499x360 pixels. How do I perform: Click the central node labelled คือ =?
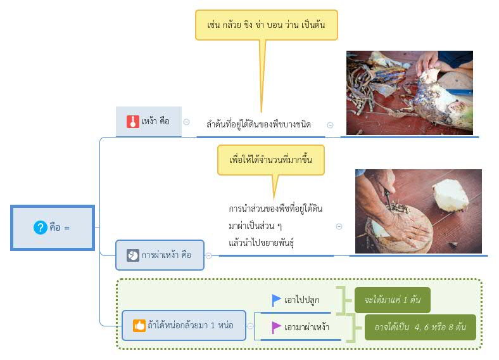coord(53,228)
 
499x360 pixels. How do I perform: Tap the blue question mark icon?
coord(40,228)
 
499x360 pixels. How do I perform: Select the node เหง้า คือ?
coord(149,121)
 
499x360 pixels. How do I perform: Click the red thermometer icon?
coord(132,121)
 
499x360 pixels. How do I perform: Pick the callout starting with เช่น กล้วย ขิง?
coord(266,25)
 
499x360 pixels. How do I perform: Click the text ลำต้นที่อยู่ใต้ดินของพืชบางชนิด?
coord(258,124)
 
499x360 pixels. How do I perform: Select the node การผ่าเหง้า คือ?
coord(160,255)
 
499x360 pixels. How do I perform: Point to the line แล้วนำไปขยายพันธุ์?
coord(263,242)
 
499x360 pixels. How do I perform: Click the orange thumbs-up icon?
coord(139,325)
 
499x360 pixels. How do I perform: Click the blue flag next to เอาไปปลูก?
coord(277,300)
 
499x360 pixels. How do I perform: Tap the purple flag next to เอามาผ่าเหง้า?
coord(277,327)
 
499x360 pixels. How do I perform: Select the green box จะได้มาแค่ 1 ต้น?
coord(392,300)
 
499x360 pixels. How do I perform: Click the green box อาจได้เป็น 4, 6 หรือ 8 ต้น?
coord(420,327)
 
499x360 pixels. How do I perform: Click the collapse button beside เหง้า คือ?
coord(186,122)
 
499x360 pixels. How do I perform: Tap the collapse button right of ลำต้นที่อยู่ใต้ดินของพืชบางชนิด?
coord(330,125)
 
